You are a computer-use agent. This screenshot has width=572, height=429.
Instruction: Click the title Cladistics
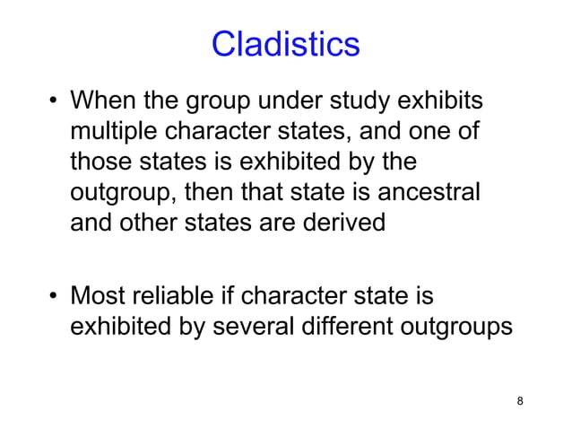pyautogui.click(x=285, y=44)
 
